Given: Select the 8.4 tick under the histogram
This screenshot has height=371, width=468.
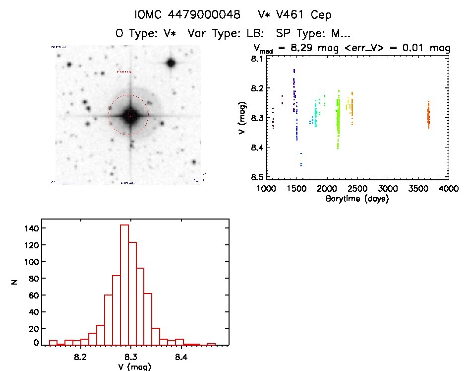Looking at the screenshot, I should coord(181,357).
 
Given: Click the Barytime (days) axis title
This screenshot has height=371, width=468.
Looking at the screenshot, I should coord(357,199).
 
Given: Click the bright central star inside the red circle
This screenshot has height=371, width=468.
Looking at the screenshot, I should coord(129,115).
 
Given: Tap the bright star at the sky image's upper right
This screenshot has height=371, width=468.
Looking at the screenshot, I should coord(171,63).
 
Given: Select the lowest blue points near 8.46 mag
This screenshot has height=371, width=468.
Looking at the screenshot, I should coord(301,163).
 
